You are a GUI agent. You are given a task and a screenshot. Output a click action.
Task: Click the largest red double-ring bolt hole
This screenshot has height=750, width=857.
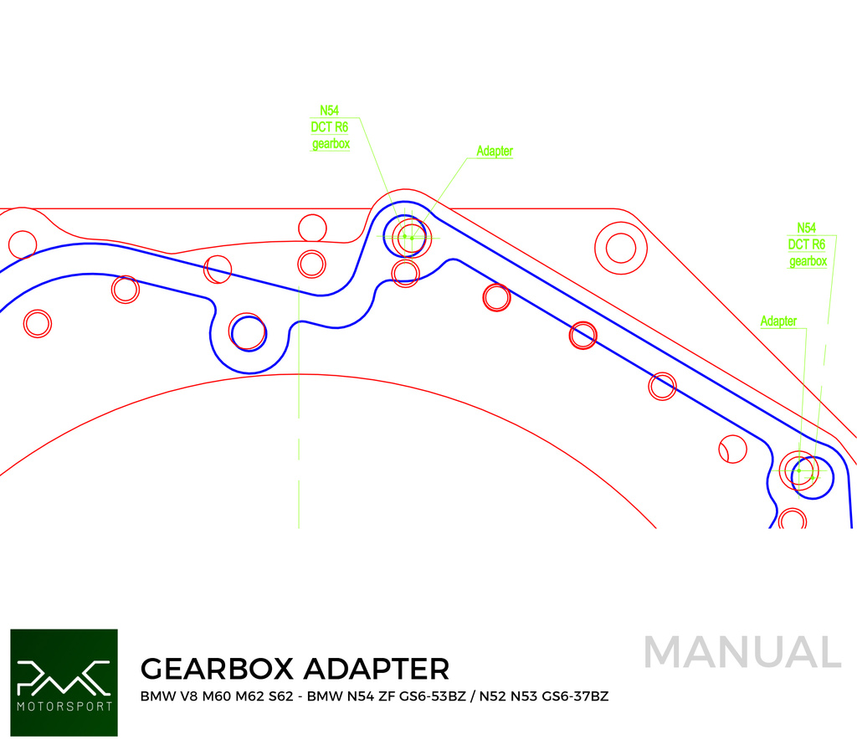coord(620,248)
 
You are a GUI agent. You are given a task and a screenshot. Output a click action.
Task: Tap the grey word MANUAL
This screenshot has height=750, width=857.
coord(742,653)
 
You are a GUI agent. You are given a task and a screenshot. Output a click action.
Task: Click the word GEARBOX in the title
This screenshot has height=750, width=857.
coord(217,669)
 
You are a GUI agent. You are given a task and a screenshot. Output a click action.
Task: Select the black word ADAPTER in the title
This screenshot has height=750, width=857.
coord(376,669)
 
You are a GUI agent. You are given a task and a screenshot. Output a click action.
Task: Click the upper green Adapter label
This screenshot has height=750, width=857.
coord(495,152)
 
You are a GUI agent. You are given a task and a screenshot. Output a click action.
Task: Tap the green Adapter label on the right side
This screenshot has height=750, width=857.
coord(778,321)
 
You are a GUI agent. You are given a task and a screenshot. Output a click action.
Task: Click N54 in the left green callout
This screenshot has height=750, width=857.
coord(329,110)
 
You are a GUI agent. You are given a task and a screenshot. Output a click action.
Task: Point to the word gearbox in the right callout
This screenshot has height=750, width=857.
coord(808,262)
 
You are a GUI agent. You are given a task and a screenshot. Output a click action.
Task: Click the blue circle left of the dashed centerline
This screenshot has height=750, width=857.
coord(248,332)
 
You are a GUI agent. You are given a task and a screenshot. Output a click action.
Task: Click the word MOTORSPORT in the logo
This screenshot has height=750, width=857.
coord(64,706)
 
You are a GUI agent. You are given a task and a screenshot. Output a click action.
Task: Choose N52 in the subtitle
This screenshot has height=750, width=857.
coord(493,696)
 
